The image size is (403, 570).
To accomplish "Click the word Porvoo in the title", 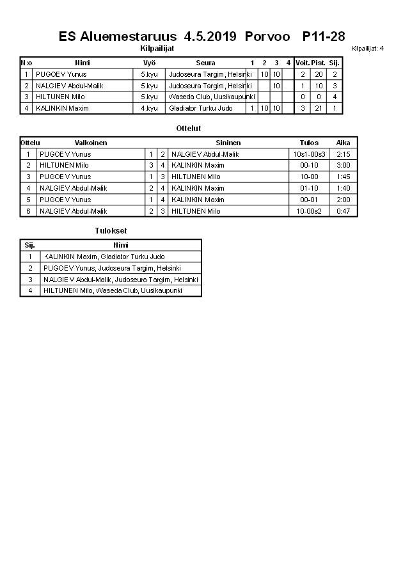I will click(267, 36).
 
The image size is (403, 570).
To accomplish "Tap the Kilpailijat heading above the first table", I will click(157, 48).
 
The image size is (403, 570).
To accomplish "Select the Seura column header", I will click(205, 63).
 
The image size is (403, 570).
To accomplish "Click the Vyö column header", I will click(149, 63).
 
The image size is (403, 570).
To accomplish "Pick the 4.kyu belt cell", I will click(149, 108).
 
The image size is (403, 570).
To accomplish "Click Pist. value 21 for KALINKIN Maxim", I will click(318, 108).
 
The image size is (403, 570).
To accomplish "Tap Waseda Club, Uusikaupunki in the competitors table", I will click(212, 97).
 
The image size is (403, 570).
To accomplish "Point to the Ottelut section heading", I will click(189, 129).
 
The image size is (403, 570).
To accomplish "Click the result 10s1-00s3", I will click(309, 154).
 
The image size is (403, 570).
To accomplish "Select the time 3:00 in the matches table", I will click(343, 165).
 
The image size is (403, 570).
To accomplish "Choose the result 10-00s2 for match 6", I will click(309, 211).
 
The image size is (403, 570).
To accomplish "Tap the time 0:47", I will click(343, 211).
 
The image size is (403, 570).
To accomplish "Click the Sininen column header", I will click(228, 143).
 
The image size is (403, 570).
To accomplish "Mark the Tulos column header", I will click(309, 143).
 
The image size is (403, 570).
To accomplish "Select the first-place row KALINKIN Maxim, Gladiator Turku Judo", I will click(104, 257).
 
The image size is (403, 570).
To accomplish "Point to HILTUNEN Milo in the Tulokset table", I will click(113, 290).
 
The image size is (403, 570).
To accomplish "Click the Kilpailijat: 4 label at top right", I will click(367, 48).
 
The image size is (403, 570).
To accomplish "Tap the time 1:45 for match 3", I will click(343, 177).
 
